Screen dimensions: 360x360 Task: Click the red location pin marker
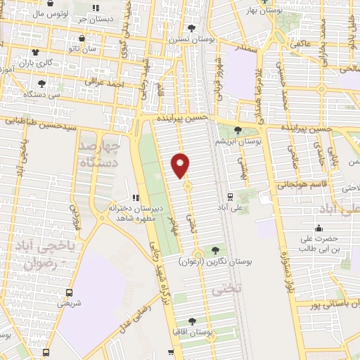(181, 165)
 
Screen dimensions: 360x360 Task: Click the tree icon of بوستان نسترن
(191, 28)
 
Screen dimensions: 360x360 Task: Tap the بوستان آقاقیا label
(191, 330)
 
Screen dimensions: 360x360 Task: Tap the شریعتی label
(69, 304)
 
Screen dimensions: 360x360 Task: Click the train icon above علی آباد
(231, 197)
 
